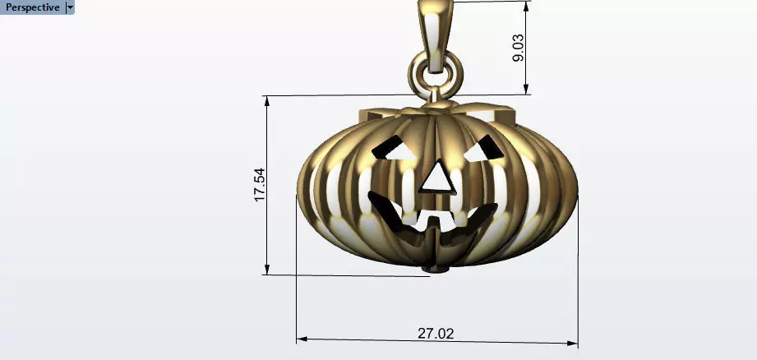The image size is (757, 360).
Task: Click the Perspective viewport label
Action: [x=33, y=7]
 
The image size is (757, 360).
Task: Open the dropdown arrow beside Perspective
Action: [x=70, y=7]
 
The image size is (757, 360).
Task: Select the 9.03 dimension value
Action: [x=519, y=47]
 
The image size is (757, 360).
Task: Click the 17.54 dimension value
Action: [x=260, y=185]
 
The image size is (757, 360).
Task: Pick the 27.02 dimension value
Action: [x=436, y=334]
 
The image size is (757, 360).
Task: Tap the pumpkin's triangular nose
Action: [x=436, y=178]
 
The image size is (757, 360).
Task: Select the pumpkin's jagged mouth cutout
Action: [x=427, y=218]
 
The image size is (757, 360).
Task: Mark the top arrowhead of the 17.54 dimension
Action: [x=267, y=100]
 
